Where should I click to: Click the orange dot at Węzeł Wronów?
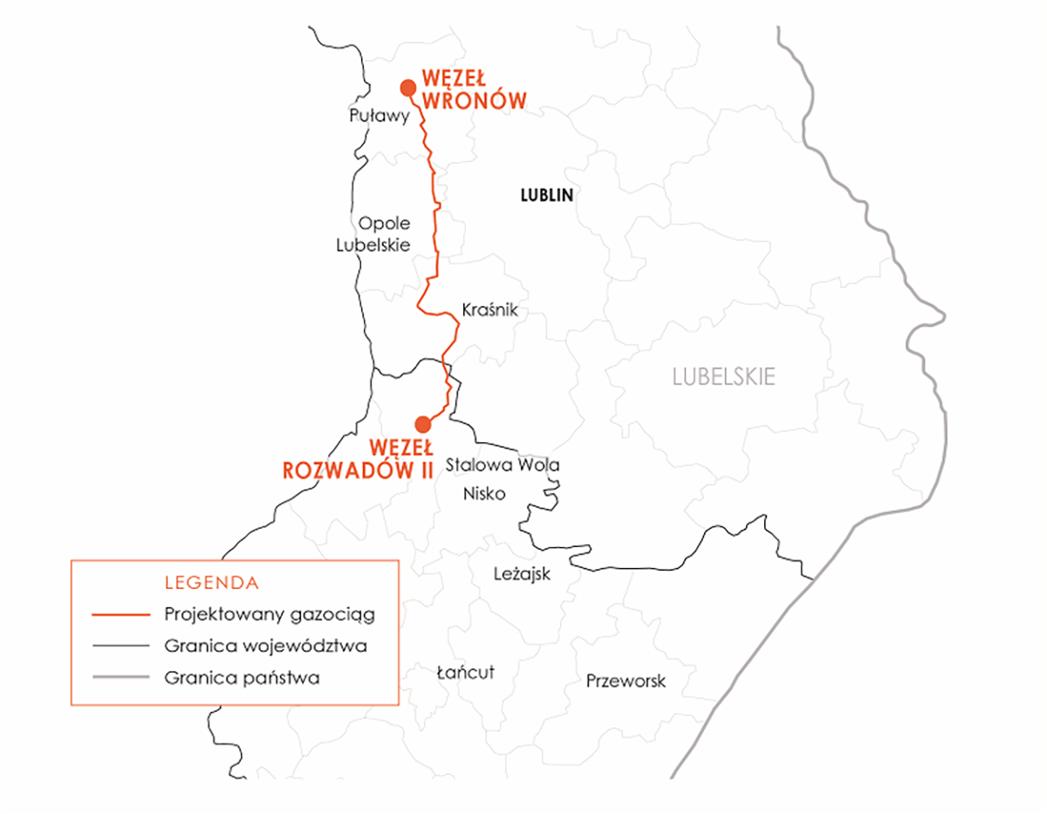408,88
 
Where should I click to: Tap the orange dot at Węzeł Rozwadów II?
422,424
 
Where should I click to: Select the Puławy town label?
377,116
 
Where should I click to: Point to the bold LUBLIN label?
546,195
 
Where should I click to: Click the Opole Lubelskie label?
374,234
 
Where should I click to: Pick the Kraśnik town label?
490,311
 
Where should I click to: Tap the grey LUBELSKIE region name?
723,376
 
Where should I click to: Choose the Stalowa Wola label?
503,466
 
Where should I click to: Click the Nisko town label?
484,495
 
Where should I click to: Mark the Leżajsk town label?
522,574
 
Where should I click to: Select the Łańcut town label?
465,673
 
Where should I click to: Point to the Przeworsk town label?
626,681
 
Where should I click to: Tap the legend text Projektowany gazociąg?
270,614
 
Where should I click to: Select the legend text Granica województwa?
266,646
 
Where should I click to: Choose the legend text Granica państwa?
243,678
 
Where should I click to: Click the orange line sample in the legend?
120,615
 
